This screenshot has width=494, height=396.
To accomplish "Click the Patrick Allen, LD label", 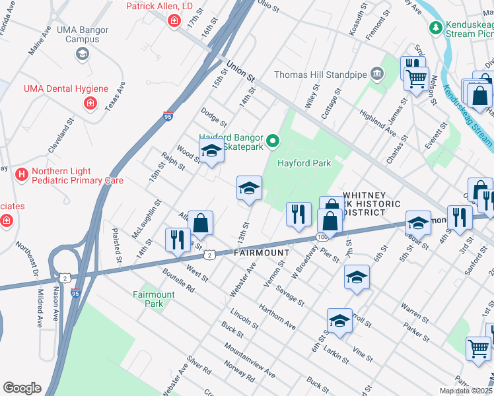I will (160, 5).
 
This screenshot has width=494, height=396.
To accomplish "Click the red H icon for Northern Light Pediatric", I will (22, 174).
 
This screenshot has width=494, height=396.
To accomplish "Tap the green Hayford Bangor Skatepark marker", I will (271, 140).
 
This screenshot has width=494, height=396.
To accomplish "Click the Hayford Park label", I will (303, 163).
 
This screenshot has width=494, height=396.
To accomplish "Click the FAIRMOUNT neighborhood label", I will (261, 253).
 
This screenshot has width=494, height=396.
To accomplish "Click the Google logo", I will (22, 388).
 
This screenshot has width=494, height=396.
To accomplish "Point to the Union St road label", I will (241, 71).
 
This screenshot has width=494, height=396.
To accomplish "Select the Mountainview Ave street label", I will (249, 360).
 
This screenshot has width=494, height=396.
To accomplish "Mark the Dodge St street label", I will (214, 117).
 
